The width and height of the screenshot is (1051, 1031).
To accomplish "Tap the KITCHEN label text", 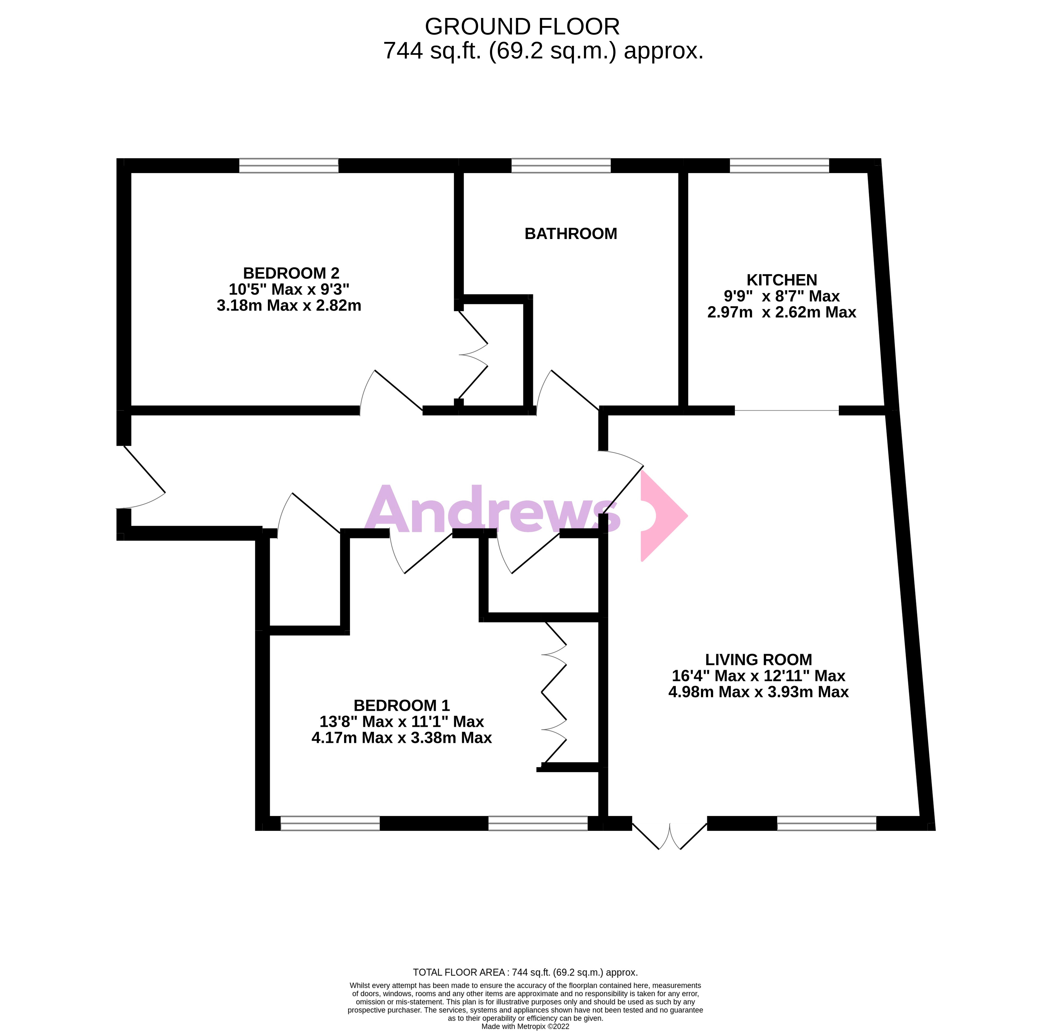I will click(781, 280).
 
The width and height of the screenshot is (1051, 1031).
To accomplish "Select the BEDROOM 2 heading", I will click(291, 273).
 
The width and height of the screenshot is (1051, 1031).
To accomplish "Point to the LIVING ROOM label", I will click(758, 660).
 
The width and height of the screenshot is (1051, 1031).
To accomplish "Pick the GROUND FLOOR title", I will click(522, 27).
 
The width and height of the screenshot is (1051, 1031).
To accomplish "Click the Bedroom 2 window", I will click(289, 166).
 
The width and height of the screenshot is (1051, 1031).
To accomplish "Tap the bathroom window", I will click(561, 166).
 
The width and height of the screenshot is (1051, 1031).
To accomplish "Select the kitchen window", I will click(779, 166).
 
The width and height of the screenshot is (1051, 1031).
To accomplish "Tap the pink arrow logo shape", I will click(662, 515).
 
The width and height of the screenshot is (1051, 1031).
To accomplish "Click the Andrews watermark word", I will click(492, 509).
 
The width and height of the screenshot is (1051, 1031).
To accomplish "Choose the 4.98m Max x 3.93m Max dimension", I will click(758, 692).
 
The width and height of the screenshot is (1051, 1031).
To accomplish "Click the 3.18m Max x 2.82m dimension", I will click(289, 306).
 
